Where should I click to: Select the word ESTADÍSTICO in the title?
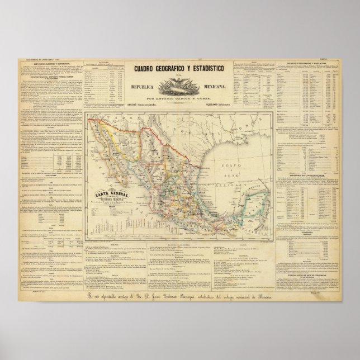215,69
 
